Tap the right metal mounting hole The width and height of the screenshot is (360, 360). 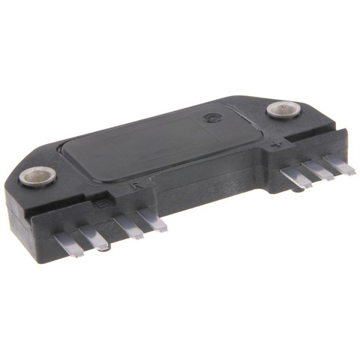click(x=279, y=110)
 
